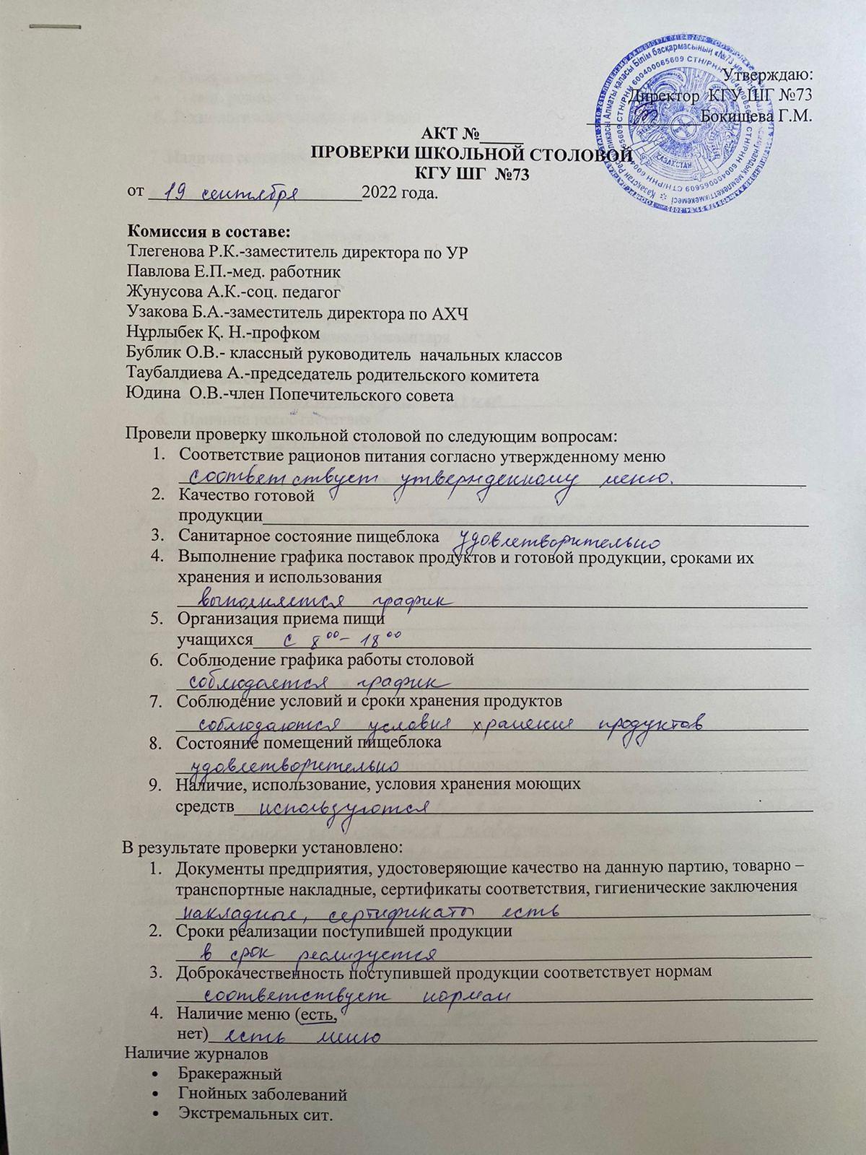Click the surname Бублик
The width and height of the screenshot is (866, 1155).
click(x=152, y=355)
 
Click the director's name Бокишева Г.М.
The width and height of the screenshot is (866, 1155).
click(x=757, y=115)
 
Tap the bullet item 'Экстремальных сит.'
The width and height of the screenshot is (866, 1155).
click(x=257, y=1115)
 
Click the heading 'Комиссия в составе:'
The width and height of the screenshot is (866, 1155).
click(x=209, y=232)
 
